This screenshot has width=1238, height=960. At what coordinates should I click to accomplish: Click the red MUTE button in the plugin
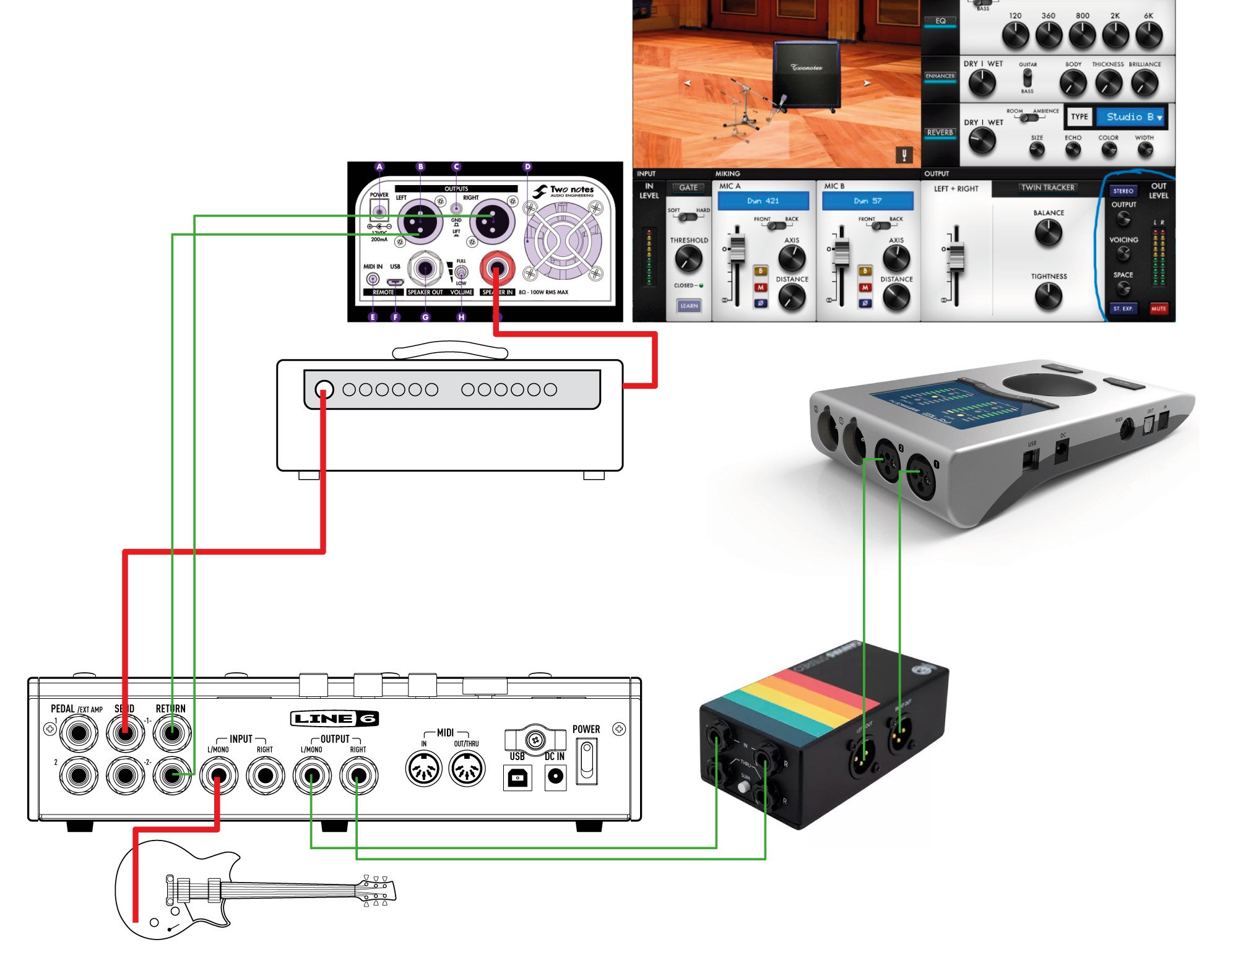pos(1158,308)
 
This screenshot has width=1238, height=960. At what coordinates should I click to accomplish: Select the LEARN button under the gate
pos(688,306)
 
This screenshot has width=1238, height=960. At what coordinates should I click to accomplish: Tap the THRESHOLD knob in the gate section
pos(688,258)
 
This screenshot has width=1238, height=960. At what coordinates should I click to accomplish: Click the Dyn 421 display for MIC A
pos(763,201)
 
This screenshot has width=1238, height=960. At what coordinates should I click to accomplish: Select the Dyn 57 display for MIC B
pos(867,201)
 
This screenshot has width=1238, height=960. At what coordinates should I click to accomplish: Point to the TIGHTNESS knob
pos(1048,296)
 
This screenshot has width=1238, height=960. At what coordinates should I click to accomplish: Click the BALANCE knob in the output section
pos(1048,233)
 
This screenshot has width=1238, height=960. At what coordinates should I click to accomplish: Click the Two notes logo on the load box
pos(564,191)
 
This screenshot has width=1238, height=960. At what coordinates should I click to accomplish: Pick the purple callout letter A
pos(379,166)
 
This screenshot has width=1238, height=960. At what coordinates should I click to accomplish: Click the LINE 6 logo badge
pos(334,718)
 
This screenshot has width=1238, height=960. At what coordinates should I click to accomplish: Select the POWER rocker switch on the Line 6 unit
pos(587,763)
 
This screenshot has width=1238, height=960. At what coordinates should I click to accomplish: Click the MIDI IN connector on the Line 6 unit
pos(423,769)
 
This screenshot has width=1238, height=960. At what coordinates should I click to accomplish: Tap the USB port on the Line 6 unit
pos(517,777)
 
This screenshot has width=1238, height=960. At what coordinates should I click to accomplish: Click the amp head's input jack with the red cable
pos(324,389)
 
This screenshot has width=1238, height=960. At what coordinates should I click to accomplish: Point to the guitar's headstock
pos(375,891)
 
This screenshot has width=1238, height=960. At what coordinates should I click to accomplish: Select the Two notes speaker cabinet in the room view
pos(806,76)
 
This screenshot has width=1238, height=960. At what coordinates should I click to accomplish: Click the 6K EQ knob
pos(1148,35)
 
